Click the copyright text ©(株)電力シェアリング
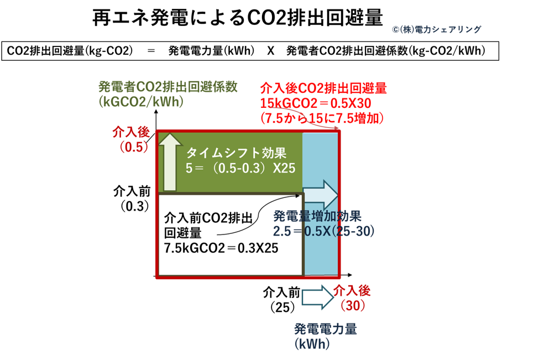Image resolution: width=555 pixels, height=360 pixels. [437, 29]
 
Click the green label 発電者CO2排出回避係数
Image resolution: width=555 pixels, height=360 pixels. [167, 86]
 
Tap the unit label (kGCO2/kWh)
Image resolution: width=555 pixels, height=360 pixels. [141, 102]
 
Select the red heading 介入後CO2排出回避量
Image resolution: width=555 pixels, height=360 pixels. [323, 88]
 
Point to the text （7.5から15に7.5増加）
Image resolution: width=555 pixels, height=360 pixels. [322, 117]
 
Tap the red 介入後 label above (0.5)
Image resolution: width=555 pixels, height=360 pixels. [131, 133]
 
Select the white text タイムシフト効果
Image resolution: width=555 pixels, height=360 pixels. [237, 153]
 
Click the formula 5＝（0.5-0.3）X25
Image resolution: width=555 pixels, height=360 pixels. [240, 169]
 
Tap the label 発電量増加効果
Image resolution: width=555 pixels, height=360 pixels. [318, 215]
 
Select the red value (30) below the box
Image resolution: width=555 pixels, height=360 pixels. [352, 305]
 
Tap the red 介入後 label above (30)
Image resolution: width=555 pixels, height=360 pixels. [352, 290]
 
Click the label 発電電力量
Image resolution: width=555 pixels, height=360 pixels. [326, 330]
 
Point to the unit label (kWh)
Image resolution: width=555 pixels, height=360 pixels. [312, 344]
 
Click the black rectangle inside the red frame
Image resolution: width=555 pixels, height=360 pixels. [230, 234]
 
